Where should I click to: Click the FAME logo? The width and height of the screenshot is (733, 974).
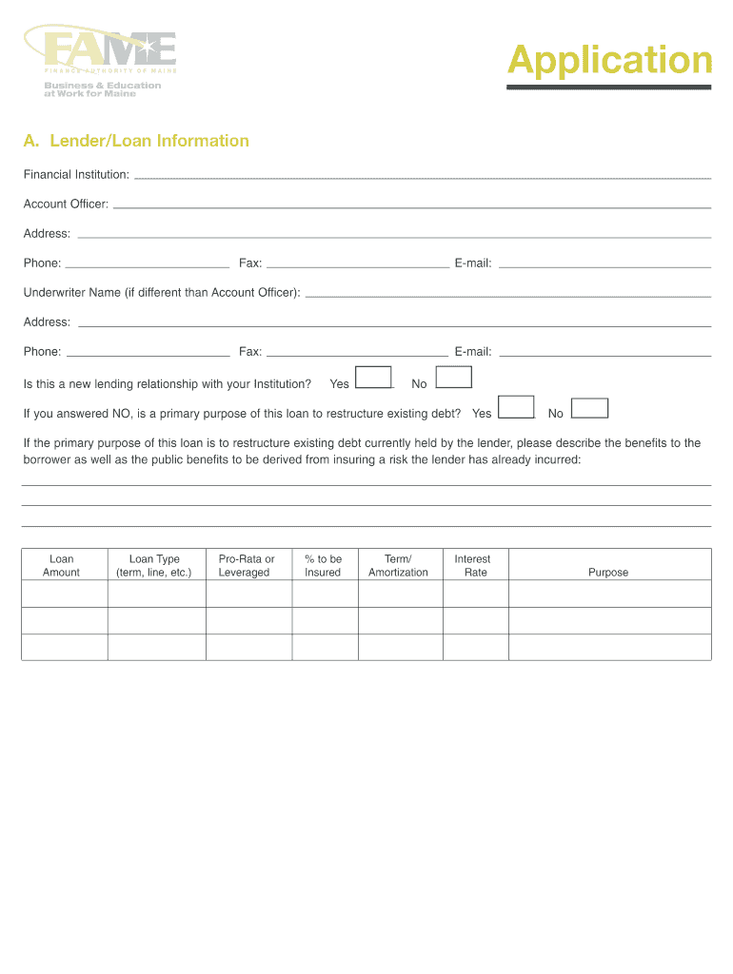click(101, 55)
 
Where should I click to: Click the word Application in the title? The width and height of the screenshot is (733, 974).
click(609, 61)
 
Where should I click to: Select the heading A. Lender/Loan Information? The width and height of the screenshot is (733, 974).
click(136, 141)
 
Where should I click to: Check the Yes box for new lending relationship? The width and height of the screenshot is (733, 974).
click(373, 378)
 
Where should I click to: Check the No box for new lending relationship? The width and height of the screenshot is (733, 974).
click(454, 378)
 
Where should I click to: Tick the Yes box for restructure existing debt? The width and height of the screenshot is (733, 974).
click(516, 407)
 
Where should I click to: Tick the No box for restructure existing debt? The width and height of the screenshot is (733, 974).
click(589, 407)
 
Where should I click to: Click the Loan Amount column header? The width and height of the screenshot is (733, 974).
click(62, 565)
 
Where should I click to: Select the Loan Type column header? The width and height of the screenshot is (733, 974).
click(154, 565)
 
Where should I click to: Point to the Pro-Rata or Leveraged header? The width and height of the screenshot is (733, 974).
click(246, 565)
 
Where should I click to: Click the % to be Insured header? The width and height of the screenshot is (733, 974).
click(323, 565)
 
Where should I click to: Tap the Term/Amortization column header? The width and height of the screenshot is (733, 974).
click(398, 565)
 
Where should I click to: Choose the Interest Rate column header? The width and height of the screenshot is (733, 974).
click(473, 565)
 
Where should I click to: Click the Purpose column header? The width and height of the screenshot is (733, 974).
click(608, 572)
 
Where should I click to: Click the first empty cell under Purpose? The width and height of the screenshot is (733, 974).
click(609, 594)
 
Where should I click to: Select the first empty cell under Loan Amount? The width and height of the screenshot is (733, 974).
click(64, 594)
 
